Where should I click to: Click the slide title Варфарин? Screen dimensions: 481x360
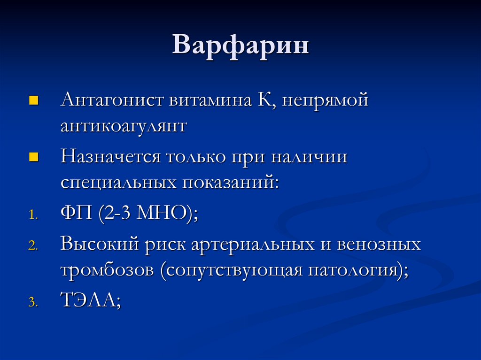[x=240, y=46]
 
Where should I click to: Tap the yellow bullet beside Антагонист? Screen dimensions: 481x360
[x=33, y=100]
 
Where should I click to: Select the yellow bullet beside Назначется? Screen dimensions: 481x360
[x=33, y=157]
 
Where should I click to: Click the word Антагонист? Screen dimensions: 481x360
[x=112, y=100]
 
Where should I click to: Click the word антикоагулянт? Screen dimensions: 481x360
[x=124, y=126]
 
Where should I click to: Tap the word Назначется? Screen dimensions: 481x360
[x=110, y=156]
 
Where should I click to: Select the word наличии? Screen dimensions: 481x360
[x=309, y=157]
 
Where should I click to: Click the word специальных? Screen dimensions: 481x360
[x=118, y=183]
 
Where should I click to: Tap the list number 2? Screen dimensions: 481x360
[x=33, y=245]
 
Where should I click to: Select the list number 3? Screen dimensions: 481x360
[x=33, y=302]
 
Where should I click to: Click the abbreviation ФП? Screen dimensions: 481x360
[x=77, y=213]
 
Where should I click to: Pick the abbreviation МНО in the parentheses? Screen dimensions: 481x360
[x=162, y=213]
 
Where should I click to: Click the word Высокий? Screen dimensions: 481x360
[x=100, y=244]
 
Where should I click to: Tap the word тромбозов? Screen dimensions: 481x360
[x=107, y=270]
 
